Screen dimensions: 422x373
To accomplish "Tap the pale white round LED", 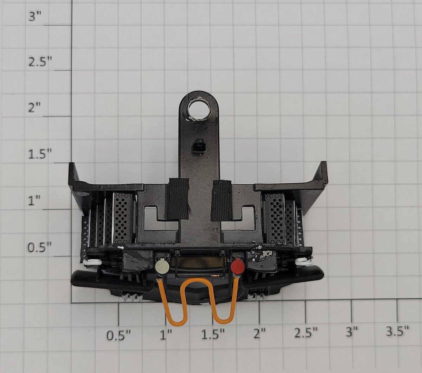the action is (162, 266).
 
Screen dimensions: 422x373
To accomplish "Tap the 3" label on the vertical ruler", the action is (36, 17).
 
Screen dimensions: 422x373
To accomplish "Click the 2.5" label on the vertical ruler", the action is (40, 62).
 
